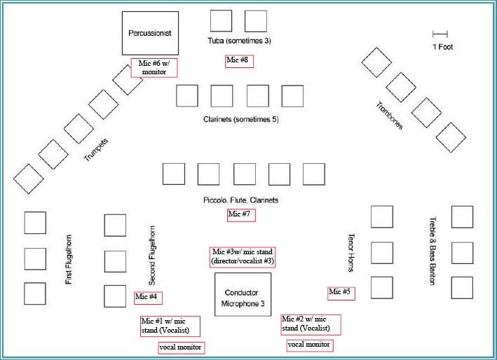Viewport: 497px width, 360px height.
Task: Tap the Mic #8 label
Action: tap(238, 61)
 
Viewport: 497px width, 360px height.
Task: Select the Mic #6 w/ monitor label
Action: tap(154, 68)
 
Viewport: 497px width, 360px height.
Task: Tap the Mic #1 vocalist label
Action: tap(169, 326)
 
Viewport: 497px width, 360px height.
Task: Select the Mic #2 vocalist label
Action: tap(311, 324)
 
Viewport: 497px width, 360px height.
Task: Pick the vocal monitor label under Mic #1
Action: tap(181, 347)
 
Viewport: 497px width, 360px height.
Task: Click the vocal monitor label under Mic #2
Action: tap(309, 345)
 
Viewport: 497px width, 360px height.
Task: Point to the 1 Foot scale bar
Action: tap(440, 34)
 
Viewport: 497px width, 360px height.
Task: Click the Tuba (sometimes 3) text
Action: tap(240, 41)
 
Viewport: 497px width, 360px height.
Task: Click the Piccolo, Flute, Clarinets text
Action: tap(240, 200)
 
